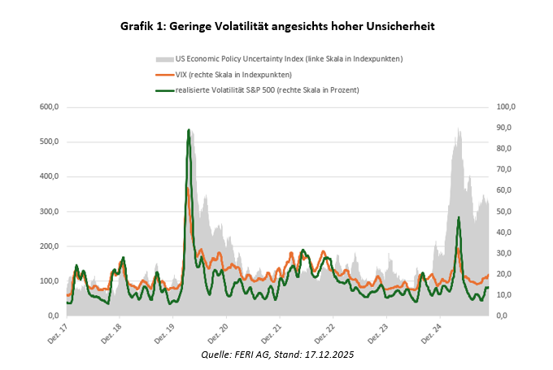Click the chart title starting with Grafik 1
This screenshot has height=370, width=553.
click(x=276, y=27)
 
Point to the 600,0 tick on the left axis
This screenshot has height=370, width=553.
click(x=50, y=107)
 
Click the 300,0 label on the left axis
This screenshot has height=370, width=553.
click(x=50, y=211)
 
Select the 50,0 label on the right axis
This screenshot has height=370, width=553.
click(x=505, y=211)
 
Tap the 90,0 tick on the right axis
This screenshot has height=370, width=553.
click(x=505, y=128)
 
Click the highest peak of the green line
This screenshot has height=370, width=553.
click(x=189, y=130)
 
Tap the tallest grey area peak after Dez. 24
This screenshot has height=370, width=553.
click(x=459, y=128)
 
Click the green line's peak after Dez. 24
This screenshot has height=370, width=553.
click(x=459, y=218)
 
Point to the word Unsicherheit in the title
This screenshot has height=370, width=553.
click(x=398, y=27)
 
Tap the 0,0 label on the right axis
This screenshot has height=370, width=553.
click(x=503, y=316)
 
